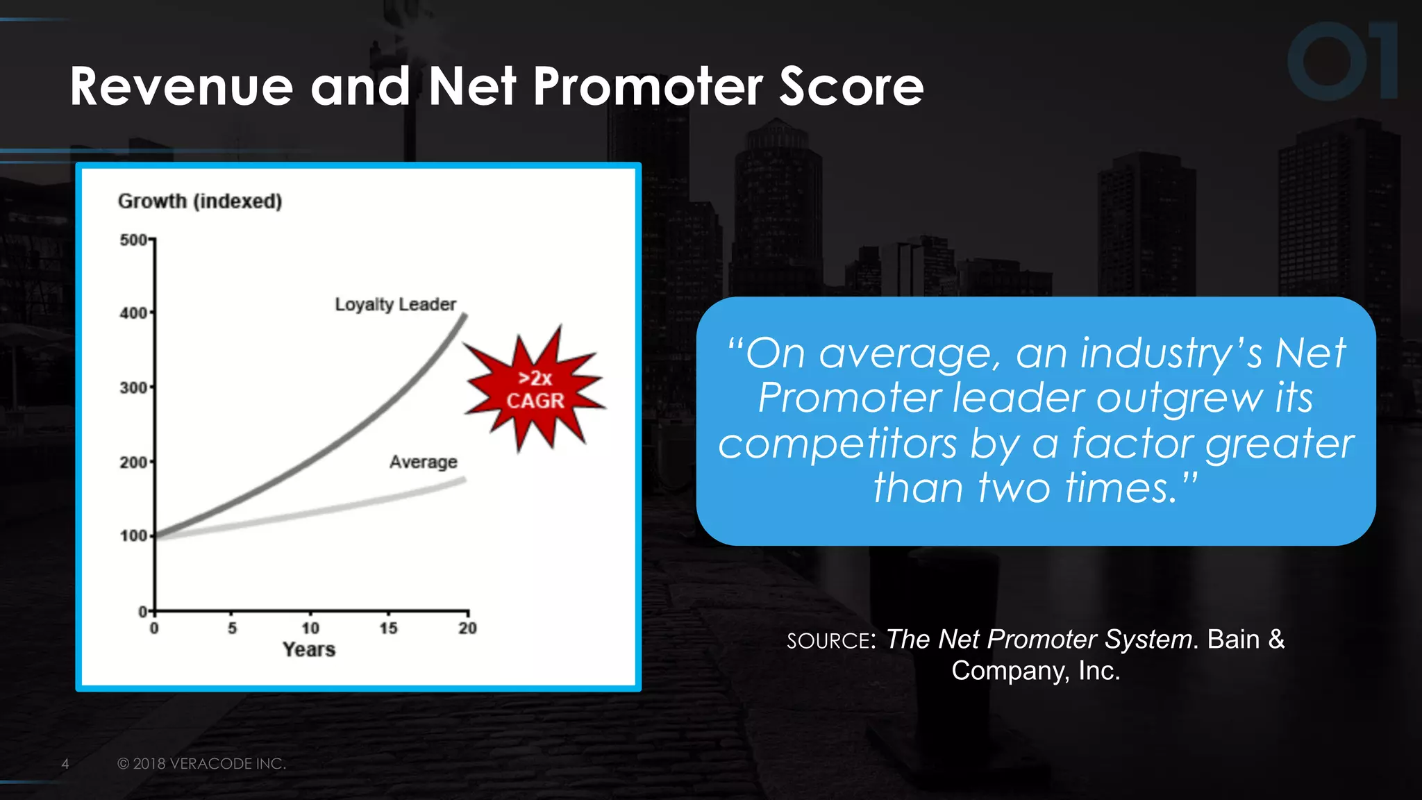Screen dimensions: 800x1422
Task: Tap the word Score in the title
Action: (x=851, y=87)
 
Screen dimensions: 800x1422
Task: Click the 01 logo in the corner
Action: (x=1341, y=61)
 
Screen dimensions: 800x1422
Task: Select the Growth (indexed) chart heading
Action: (x=200, y=201)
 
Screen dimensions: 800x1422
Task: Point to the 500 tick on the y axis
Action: (x=133, y=240)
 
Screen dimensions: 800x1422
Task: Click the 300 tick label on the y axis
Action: (x=133, y=387)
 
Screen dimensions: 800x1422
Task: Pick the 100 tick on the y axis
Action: (x=133, y=536)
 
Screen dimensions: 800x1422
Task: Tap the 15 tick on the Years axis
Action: (x=388, y=628)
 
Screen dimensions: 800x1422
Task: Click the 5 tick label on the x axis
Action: (x=232, y=628)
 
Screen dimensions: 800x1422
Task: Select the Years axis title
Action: (x=309, y=650)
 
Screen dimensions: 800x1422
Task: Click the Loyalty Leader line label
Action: (x=395, y=304)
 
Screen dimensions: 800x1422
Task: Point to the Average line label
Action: (x=423, y=462)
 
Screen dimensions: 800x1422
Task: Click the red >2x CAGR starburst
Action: (x=535, y=390)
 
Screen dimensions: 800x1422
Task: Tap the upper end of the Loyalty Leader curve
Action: (x=464, y=317)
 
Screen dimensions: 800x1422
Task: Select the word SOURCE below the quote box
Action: (x=828, y=640)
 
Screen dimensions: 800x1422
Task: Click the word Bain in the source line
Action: (x=1233, y=639)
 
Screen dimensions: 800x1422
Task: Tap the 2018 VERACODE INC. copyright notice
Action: (x=201, y=764)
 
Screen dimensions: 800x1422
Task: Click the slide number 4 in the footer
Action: (x=65, y=764)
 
